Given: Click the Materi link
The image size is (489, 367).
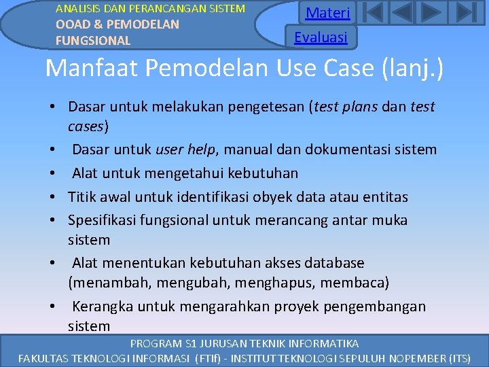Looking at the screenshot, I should coord(327,13).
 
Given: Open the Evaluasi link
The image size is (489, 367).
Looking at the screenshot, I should coord(321,37).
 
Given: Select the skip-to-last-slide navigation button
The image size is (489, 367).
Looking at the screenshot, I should coord(465,13).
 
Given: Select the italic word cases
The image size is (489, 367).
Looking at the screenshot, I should coord(86,126).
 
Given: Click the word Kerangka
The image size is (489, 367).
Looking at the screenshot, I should coord(103,306).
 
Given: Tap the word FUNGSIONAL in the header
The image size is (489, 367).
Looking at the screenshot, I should coord(93,40).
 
